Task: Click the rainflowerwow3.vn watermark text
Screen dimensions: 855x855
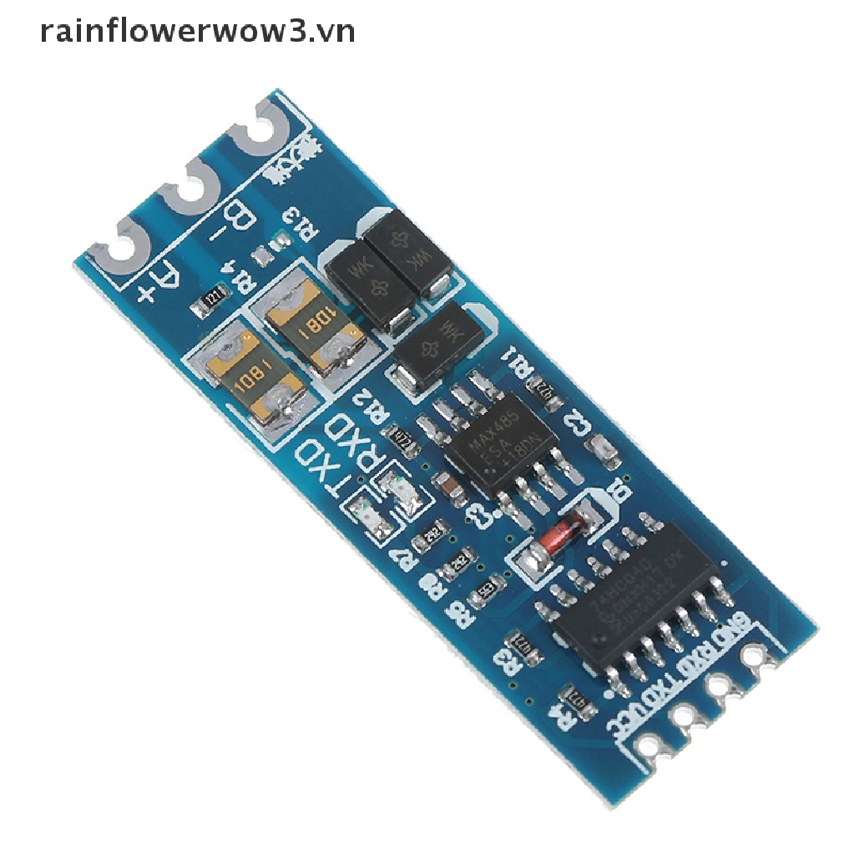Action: [197, 33]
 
